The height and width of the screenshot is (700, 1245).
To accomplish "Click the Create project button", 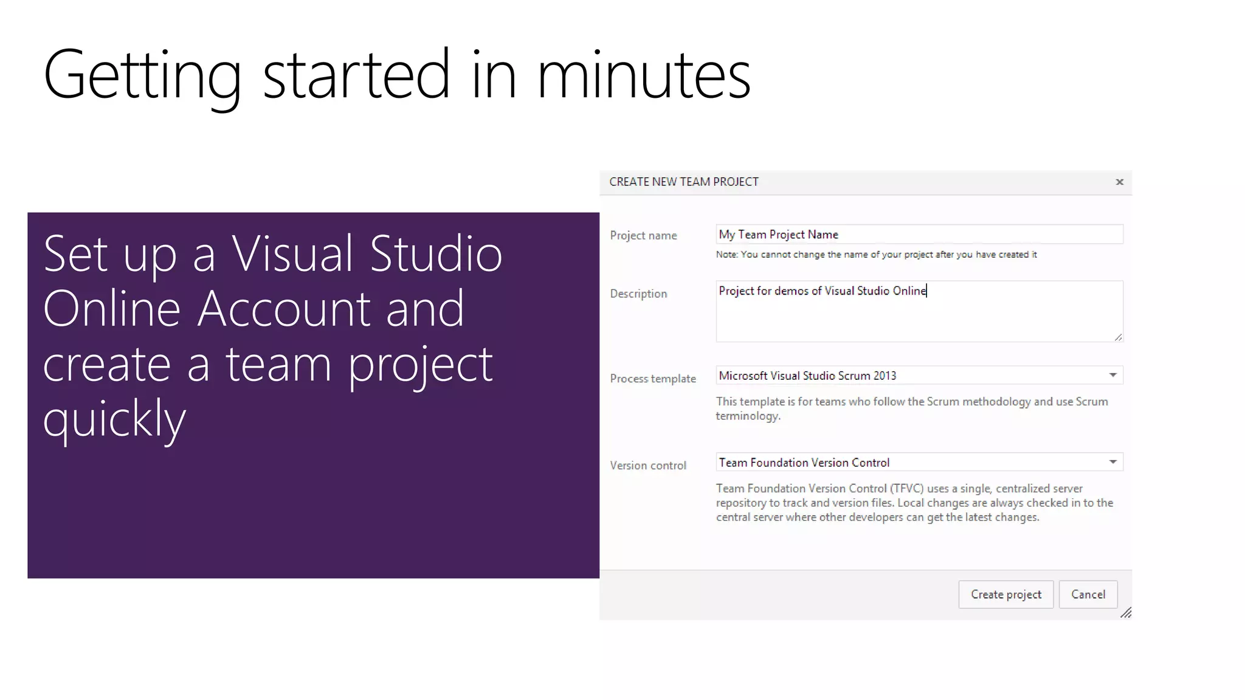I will tap(1005, 594).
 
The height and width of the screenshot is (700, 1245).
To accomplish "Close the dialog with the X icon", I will tap(1119, 182).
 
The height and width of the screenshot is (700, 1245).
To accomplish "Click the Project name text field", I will tap(919, 235).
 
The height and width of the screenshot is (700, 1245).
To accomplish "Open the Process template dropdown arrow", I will tap(1112, 375).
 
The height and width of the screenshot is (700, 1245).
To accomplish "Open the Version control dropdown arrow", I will tap(1112, 462).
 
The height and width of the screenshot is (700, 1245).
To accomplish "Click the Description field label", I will tap(638, 293).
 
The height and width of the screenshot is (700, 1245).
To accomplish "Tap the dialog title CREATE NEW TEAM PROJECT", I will tap(683, 182).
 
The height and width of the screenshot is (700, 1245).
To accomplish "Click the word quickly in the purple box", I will tap(114, 419).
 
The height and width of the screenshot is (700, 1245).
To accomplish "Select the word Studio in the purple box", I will tap(435, 254).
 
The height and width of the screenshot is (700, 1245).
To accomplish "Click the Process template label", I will tap(652, 379).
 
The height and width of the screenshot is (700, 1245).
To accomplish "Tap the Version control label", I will tap(647, 465).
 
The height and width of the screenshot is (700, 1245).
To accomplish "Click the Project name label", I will tap(643, 236).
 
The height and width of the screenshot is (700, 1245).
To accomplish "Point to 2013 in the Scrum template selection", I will tap(885, 376).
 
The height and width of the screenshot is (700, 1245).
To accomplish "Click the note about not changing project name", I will tap(875, 255).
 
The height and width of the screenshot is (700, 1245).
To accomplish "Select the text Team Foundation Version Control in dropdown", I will tap(804, 462).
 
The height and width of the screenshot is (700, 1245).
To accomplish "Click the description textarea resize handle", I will tap(1118, 337).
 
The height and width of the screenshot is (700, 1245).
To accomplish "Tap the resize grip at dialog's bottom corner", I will tap(1126, 613).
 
